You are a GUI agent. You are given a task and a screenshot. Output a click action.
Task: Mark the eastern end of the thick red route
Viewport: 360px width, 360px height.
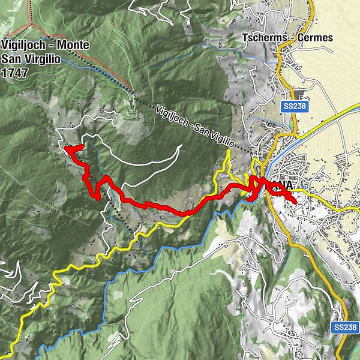(x=295, y=203)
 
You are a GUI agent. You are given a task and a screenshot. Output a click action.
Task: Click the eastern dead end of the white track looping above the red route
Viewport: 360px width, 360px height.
(x=181, y=146)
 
